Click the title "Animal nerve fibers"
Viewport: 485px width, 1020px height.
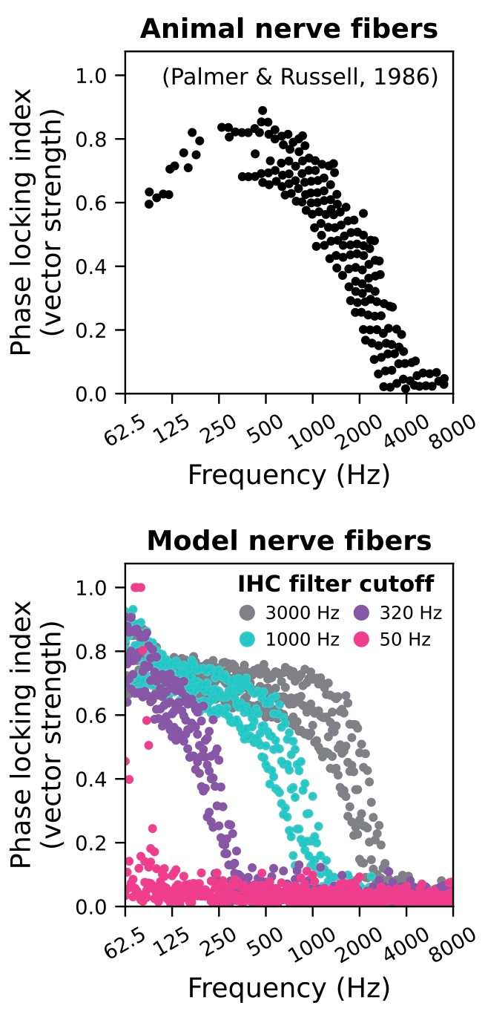[288, 29]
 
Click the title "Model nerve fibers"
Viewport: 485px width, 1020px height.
[288, 541]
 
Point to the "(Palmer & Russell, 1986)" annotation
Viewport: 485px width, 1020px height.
[300, 76]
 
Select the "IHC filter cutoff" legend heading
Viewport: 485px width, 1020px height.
[335, 584]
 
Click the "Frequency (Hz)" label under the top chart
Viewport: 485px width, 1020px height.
[288, 474]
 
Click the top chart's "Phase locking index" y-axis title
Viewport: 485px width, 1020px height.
[24, 222]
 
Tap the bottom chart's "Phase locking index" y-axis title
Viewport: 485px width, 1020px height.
[24, 735]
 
